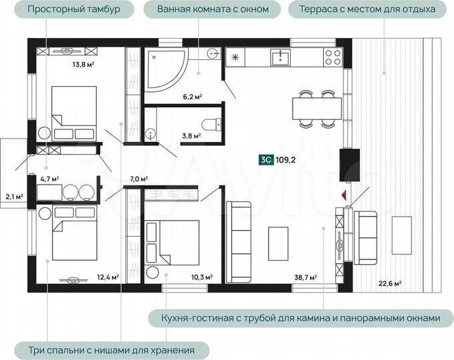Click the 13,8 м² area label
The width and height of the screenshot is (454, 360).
click(83, 64)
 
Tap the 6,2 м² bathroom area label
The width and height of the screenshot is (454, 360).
click(192, 97)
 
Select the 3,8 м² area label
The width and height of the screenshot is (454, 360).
click(191, 135)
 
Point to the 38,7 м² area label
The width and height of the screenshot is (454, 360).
click(305, 277)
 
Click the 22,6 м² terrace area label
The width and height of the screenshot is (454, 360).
click(390, 283)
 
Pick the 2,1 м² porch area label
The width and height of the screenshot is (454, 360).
click(14, 197)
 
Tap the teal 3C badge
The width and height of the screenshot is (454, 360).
click(266, 160)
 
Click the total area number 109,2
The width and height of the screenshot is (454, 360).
click(285, 160)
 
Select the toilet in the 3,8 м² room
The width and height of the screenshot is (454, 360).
click(211, 125)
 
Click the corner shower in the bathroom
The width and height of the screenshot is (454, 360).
click(165, 70)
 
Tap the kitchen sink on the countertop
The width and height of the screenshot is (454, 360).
click(280, 57)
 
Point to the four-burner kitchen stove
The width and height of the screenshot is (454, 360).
click(333, 57)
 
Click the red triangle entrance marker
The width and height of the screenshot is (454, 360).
click(344, 195)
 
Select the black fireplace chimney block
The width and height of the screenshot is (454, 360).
click(349, 165)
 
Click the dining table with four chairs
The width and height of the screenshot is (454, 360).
click(317, 109)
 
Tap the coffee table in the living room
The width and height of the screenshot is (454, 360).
click(278, 244)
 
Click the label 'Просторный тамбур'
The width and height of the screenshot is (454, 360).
click(74, 9)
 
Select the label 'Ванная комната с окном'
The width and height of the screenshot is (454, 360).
click(213, 9)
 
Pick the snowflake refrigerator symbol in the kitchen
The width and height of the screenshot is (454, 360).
click(235, 57)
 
